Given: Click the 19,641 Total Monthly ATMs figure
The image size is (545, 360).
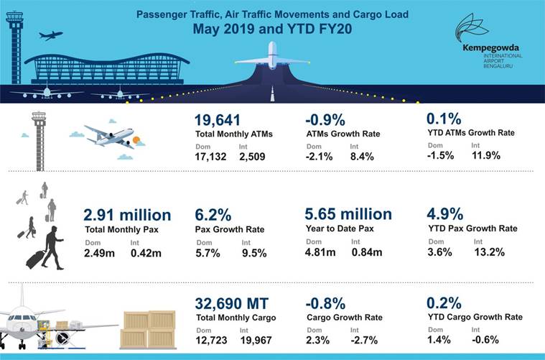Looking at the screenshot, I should (218, 120).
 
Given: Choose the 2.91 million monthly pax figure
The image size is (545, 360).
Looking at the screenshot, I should (127, 215).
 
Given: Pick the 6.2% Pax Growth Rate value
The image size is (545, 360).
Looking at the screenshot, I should (214, 215).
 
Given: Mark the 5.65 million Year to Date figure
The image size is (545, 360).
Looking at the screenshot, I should (348, 214).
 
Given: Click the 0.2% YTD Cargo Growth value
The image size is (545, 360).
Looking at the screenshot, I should (444, 303).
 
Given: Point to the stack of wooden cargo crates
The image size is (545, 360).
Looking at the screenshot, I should (148, 329).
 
